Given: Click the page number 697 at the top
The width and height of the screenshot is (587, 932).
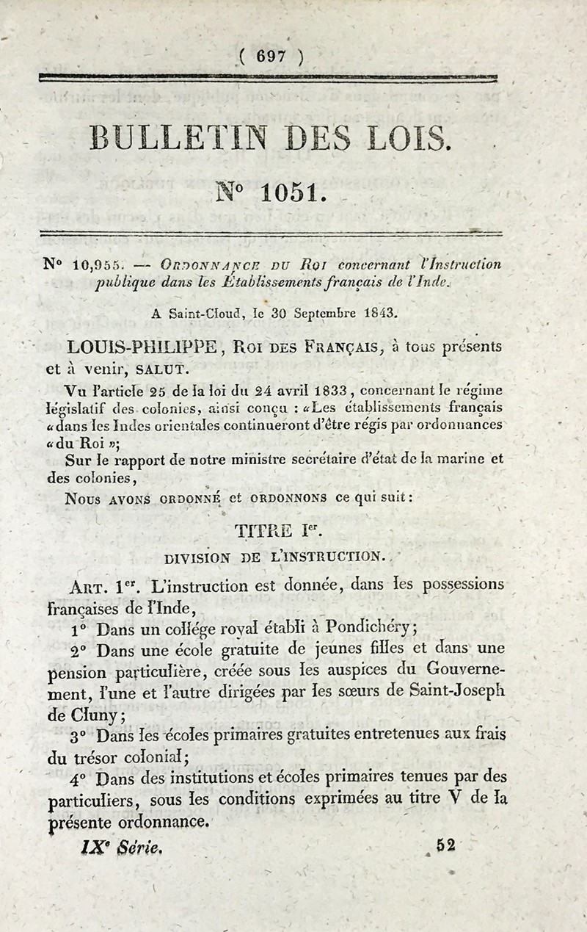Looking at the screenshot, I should pyautogui.click(x=271, y=56).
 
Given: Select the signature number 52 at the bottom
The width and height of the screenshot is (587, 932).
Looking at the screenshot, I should pyautogui.click(x=445, y=845).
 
